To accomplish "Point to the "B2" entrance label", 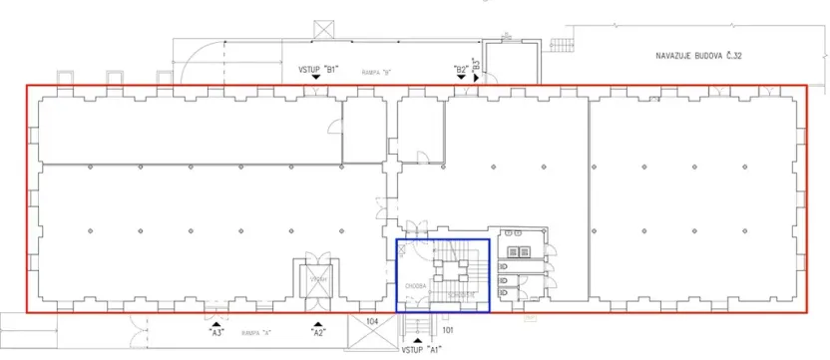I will click(460, 69).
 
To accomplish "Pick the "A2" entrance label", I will click(318, 334).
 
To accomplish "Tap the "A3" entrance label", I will click(215, 334).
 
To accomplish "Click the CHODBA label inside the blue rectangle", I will click(416, 286).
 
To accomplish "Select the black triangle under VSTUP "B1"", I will click(319, 80).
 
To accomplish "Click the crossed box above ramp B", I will click(324, 31).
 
